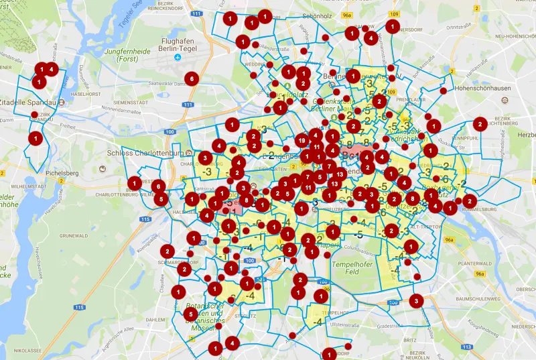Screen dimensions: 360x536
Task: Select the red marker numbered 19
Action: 302,141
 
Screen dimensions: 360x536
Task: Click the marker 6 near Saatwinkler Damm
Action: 192,78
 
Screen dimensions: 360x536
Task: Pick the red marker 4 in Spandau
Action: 52,68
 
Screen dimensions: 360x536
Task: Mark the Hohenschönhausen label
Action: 486,88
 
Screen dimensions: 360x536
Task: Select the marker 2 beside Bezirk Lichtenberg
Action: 480,124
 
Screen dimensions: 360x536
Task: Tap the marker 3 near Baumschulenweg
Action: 417,301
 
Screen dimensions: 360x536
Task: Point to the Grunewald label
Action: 77,236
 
